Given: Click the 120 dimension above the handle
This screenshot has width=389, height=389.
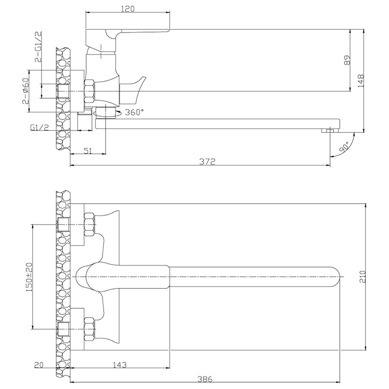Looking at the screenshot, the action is click(x=128, y=9).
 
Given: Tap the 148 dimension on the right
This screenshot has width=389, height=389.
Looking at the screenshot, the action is click(x=361, y=81).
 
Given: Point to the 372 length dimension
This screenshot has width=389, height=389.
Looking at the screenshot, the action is click(x=208, y=161).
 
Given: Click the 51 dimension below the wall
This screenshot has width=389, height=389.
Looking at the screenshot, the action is click(x=88, y=151).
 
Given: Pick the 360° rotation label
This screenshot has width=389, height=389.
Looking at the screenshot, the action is click(x=134, y=112).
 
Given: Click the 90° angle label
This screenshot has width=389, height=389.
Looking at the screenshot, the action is click(x=345, y=147).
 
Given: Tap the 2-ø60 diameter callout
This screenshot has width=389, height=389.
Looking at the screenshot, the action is click(x=26, y=91).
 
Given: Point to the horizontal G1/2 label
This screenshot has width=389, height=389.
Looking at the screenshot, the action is click(x=39, y=127).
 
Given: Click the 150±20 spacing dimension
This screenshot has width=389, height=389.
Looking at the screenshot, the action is click(x=30, y=277).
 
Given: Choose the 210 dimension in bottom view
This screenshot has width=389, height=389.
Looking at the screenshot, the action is click(x=363, y=277).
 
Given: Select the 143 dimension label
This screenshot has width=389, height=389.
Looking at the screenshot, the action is click(x=120, y=365).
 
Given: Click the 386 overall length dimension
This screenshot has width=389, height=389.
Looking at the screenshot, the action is click(x=205, y=379).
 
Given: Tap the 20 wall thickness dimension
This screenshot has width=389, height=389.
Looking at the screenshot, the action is click(x=38, y=365).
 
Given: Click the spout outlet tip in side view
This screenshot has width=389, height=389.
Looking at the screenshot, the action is click(x=330, y=130).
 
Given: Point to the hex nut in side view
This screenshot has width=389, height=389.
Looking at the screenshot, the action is click(x=89, y=91).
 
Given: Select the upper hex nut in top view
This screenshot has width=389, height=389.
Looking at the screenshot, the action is click(x=89, y=224).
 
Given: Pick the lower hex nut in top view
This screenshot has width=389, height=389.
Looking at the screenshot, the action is click(x=89, y=329).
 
